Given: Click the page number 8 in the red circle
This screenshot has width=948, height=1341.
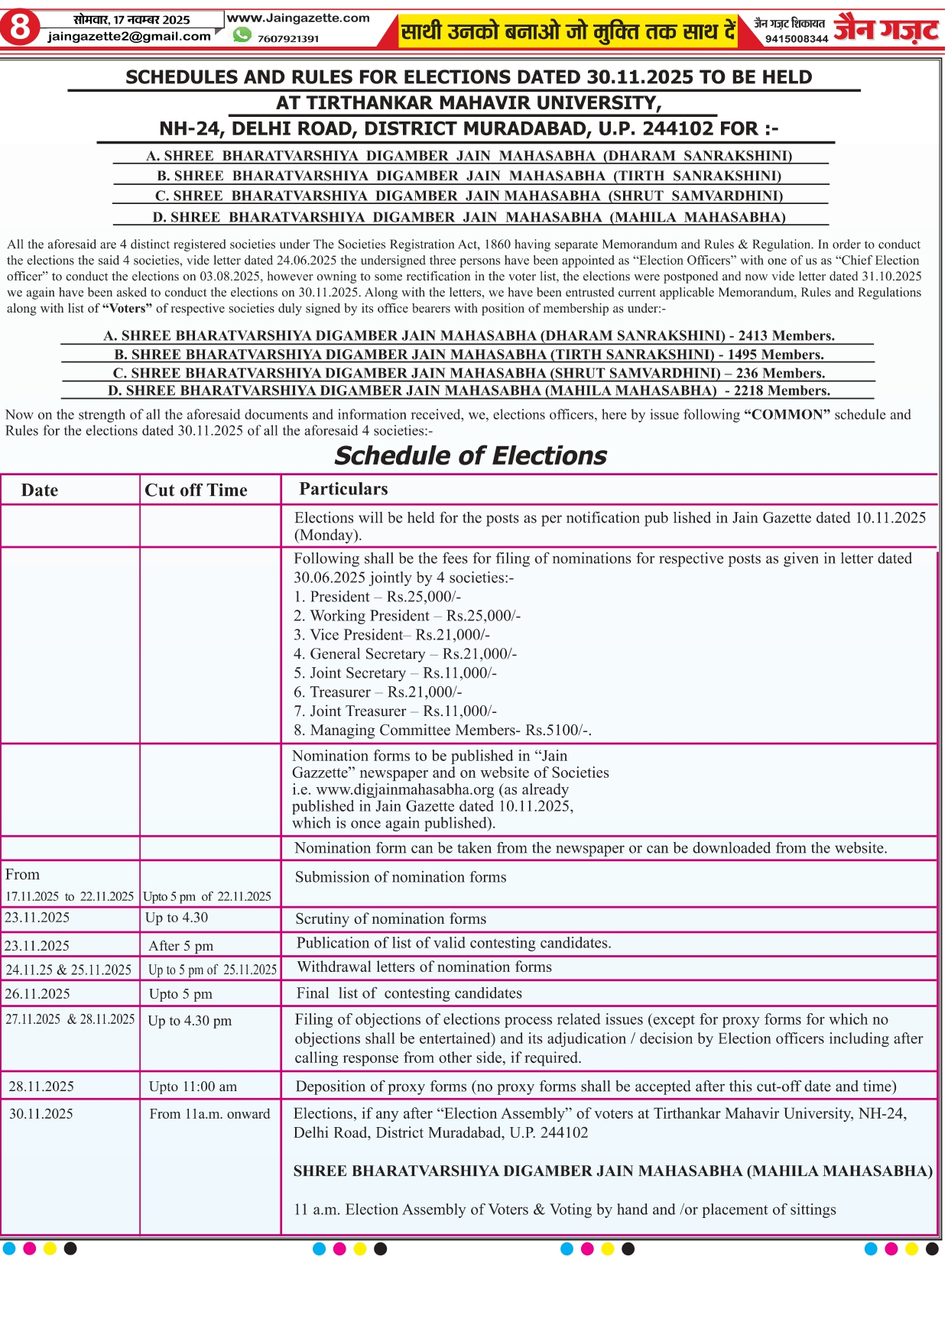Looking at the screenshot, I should click(21, 29).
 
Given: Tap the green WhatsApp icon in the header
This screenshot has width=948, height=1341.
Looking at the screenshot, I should click(242, 35).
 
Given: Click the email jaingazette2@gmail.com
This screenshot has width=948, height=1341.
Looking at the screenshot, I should click(129, 36).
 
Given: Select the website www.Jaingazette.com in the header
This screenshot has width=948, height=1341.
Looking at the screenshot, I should click(298, 18).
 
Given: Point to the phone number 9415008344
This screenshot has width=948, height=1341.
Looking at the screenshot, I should click(797, 38).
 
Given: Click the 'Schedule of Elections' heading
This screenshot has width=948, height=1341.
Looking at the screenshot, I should click(470, 455).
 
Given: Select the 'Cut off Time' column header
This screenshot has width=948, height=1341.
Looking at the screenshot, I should click(196, 491).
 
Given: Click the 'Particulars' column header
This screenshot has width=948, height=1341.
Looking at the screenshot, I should click(343, 489).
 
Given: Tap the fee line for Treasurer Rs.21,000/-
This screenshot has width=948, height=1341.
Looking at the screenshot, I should click(378, 692).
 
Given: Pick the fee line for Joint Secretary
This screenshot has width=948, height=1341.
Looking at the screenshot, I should click(395, 673).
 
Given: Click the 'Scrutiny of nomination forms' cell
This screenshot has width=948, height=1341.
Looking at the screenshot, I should click(391, 918).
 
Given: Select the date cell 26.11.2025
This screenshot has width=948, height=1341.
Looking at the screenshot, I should click(37, 994).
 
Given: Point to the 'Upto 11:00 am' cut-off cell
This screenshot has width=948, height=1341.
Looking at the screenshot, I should click(193, 1087).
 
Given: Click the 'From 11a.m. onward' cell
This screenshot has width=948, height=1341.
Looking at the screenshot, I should click(209, 1114).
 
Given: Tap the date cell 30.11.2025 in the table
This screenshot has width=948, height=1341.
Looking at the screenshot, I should click(41, 1114).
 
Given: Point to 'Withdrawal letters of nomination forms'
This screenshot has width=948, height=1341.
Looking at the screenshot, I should click(424, 967).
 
